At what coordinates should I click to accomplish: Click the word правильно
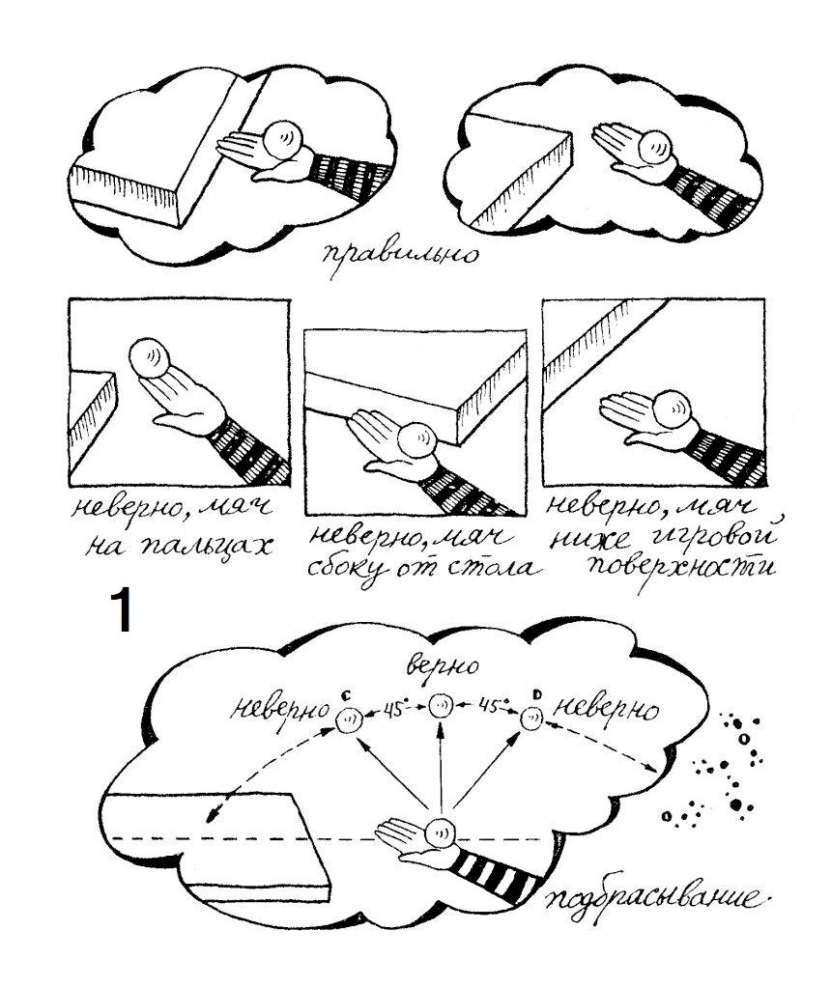[399, 255]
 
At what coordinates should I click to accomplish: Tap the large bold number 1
[121, 609]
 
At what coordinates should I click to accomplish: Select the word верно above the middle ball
[443, 664]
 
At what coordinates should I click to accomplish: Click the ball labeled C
[349, 719]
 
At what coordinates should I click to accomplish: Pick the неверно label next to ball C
[279, 710]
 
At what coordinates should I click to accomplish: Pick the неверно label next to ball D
[605, 710]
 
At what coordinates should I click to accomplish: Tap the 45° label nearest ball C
[394, 709]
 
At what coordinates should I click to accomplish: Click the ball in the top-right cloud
[655, 148]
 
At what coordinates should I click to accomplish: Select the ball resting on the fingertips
[150, 357]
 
